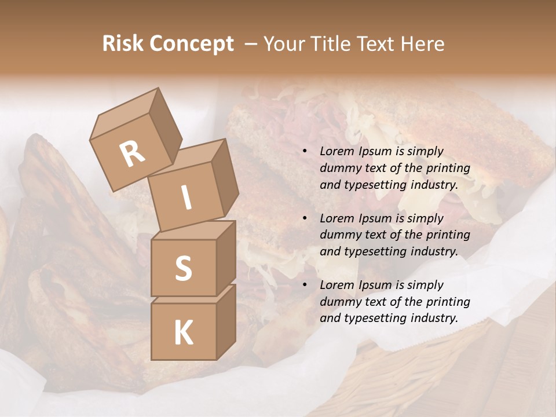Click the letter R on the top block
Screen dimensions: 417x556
tap(132, 154)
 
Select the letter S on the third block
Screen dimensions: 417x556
tap(183, 268)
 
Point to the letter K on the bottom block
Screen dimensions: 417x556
tap(183, 332)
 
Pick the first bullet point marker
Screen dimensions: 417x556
tap(305, 152)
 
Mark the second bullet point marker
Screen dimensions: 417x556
tap(305, 218)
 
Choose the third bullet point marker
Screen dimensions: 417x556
tap(305, 285)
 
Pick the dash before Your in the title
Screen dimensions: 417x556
tap(252, 44)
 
